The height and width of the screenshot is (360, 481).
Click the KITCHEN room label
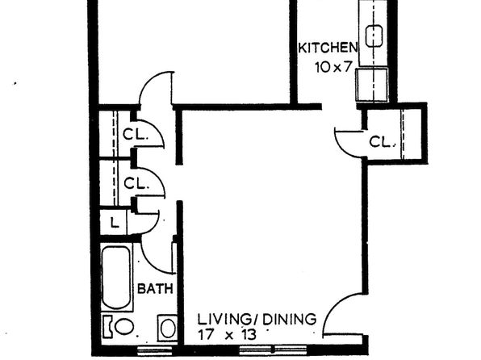click(x=328, y=48)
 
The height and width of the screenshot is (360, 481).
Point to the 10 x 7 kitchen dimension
click(x=333, y=67)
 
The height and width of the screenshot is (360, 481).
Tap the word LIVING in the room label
click(x=224, y=320)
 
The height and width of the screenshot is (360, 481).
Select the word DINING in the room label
click(x=290, y=320)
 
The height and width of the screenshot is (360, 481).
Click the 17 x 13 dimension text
click(x=227, y=334)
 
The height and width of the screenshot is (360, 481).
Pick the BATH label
click(x=155, y=289)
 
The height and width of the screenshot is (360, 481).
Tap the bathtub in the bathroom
click(x=116, y=277)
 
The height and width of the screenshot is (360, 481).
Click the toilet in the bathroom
click(x=119, y=326)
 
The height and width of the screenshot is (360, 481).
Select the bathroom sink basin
click(x=168, y=329)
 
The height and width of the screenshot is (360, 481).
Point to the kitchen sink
click(x=374, y=36)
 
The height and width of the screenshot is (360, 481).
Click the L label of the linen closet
click(x=115, y=223)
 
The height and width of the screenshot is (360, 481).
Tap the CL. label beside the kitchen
click(x=382, y=142)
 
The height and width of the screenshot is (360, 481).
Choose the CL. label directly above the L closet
click(x=136, y=183)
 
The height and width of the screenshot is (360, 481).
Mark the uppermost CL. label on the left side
click(x=136, y=134)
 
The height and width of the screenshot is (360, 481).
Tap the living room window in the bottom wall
click(x=273, y=350)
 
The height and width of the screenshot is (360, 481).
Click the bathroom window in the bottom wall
click(x=154, y=350)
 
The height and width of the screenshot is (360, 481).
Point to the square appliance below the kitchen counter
click(x=372, y=85)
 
